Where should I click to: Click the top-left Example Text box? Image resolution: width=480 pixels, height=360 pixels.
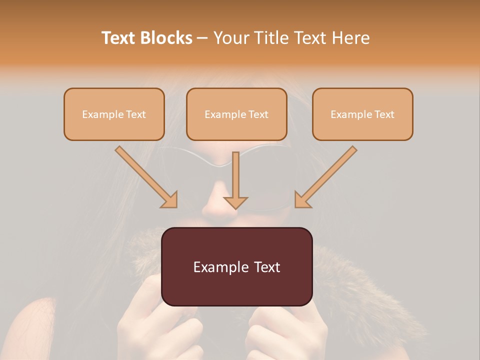point(114,114)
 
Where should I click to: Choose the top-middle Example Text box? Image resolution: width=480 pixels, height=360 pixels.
point(236,114)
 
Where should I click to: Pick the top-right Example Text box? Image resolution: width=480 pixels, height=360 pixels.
point(362,114)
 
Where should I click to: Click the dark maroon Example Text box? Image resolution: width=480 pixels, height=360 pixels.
point(237,266)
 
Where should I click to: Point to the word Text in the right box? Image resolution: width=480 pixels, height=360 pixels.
point(384,114)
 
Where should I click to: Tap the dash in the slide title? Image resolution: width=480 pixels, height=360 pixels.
point(202,38)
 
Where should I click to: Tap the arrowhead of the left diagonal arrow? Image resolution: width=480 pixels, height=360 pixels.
point(169,199)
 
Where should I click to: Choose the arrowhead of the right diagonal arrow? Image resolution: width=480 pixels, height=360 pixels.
point(302,199)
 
